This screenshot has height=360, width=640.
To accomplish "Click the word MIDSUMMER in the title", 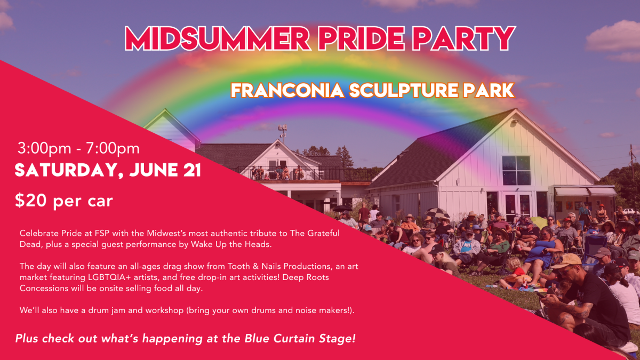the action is click(x=218, y=38).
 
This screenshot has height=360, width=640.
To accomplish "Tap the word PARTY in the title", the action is click(x=463, y=38).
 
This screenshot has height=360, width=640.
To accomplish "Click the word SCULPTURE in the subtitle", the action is click(x=404, y=91).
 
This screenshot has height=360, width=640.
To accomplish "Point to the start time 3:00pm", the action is click(x=44, y=149).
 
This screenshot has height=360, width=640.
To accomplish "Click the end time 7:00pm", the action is click(x=113, y=149).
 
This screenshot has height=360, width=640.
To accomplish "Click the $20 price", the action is click(x=30, y=201).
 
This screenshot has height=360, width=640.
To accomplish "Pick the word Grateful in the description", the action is click(x=323, y=233).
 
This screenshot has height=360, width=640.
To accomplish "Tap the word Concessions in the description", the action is click(x=44, y=288).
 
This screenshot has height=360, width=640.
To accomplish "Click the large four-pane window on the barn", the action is click(x=516, y=171).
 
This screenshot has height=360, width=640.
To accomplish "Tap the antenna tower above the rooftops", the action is click(x=283, y=133).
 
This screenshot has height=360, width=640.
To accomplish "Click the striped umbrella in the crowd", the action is click(x=437, y=212).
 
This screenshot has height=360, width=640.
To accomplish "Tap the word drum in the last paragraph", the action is click(x=97, y=310).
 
